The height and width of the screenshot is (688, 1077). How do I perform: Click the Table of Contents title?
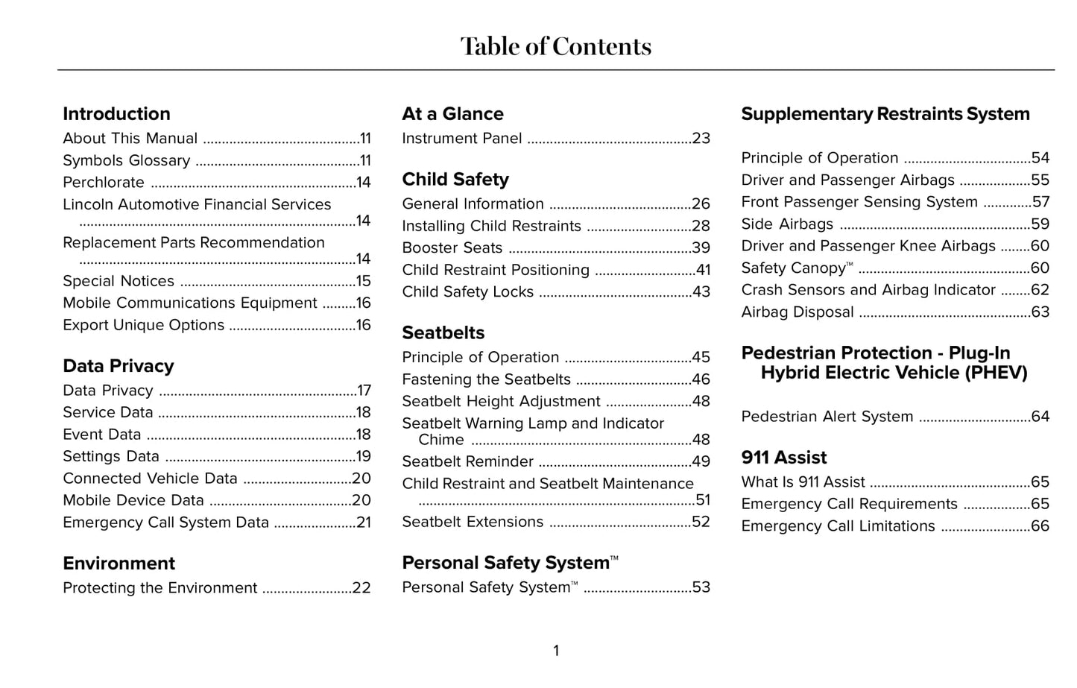coord(555,46)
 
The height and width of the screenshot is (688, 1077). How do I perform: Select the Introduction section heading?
coord(116,114)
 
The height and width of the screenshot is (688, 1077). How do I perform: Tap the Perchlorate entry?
coord(104,183)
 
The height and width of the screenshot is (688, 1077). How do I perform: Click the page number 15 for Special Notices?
coord(363,281)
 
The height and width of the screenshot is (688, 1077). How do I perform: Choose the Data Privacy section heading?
coord(118,366)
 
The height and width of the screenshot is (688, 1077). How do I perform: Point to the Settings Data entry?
coord(111,456)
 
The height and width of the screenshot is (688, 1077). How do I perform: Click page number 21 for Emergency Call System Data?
coord(363,523)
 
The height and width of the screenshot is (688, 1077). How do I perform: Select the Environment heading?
coord(119,564)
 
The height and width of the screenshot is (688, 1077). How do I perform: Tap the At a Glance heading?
coord(452,114)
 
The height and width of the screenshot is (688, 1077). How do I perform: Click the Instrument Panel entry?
coord(461,139)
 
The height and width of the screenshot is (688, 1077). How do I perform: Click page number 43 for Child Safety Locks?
coord(701,292)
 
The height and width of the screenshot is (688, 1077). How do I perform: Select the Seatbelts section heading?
coord(443,333)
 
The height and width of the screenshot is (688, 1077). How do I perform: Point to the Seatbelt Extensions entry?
coord(473,522)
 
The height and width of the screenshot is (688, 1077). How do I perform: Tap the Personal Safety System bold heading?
coord(506,563)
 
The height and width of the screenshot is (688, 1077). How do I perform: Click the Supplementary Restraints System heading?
coord(885,114)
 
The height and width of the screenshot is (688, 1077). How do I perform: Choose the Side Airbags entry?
coord(787,224)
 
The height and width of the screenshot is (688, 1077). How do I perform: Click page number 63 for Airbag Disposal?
coord(1040,312)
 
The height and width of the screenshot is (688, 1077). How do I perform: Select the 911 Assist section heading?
coord(783,458)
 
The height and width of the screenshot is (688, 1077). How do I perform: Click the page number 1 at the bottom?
coord(555,651)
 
